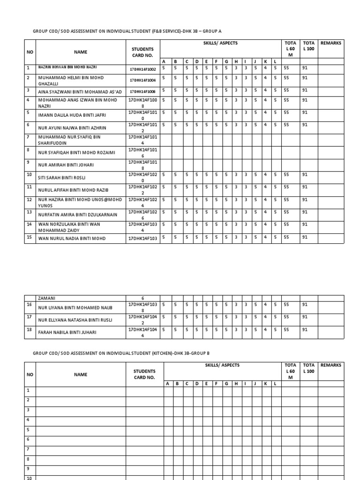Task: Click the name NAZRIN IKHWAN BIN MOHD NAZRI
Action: click(67, 67)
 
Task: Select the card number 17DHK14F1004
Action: click(143, 80)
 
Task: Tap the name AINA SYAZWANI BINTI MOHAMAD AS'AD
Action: click(80, 90)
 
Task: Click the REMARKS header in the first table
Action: click(331, 43)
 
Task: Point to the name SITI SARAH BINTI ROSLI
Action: click(61, 178)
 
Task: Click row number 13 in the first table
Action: click(29, 212)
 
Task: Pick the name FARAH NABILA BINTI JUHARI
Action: click(67, 332)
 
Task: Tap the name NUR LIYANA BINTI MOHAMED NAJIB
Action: click(76, 307)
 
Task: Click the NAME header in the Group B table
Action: click(80, 375)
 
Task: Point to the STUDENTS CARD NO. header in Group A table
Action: click(143, 52)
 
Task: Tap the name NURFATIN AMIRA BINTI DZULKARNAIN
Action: click(78, 214)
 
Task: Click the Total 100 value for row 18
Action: click(305, 330)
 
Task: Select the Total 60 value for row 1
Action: click(287, 67)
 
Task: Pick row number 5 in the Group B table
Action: click(28, 429)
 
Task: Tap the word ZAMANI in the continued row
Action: click(46, 298)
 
